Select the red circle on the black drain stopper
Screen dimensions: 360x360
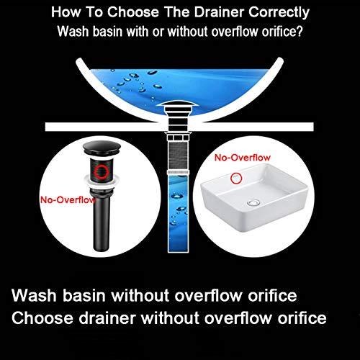pos(104,172)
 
